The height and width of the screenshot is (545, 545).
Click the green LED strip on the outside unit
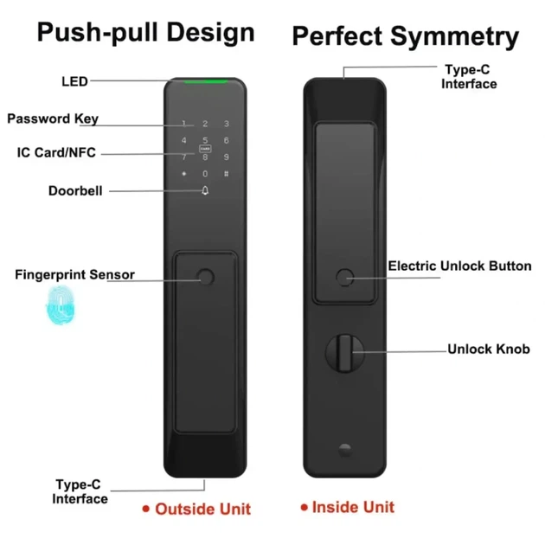[x=205, y=82]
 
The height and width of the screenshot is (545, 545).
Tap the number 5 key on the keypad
[x=205, y=140]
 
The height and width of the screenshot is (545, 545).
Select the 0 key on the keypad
[x=205, y=173]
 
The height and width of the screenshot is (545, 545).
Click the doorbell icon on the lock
[x=205, y=190]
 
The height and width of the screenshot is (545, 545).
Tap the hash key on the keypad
[x=227, y=173]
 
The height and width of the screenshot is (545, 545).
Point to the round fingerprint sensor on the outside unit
[x=205, y=278]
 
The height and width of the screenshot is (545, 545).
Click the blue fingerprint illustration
[x=61, y=305]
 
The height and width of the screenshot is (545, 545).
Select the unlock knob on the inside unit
[x=345, y=353]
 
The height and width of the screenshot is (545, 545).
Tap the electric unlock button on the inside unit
[x=345, y=278]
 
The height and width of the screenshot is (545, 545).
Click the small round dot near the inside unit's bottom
[x=345, y=450]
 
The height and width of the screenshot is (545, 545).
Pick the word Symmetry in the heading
[x=455, y=37]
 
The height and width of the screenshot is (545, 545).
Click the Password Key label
[x=53, y=119]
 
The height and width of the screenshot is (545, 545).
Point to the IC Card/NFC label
[x=56, y=152]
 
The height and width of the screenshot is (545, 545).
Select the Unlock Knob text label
[x=489, y=349]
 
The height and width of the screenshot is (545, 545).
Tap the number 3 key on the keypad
[x=227, y=124]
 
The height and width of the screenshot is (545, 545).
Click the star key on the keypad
[x=184, y=173]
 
